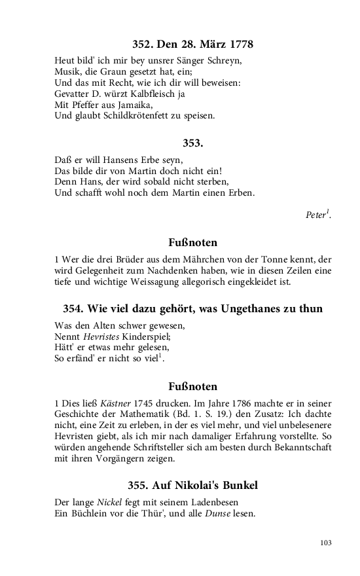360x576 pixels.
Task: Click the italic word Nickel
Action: click(x=110, y=503)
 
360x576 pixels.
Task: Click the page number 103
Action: click(x=326, y=542)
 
